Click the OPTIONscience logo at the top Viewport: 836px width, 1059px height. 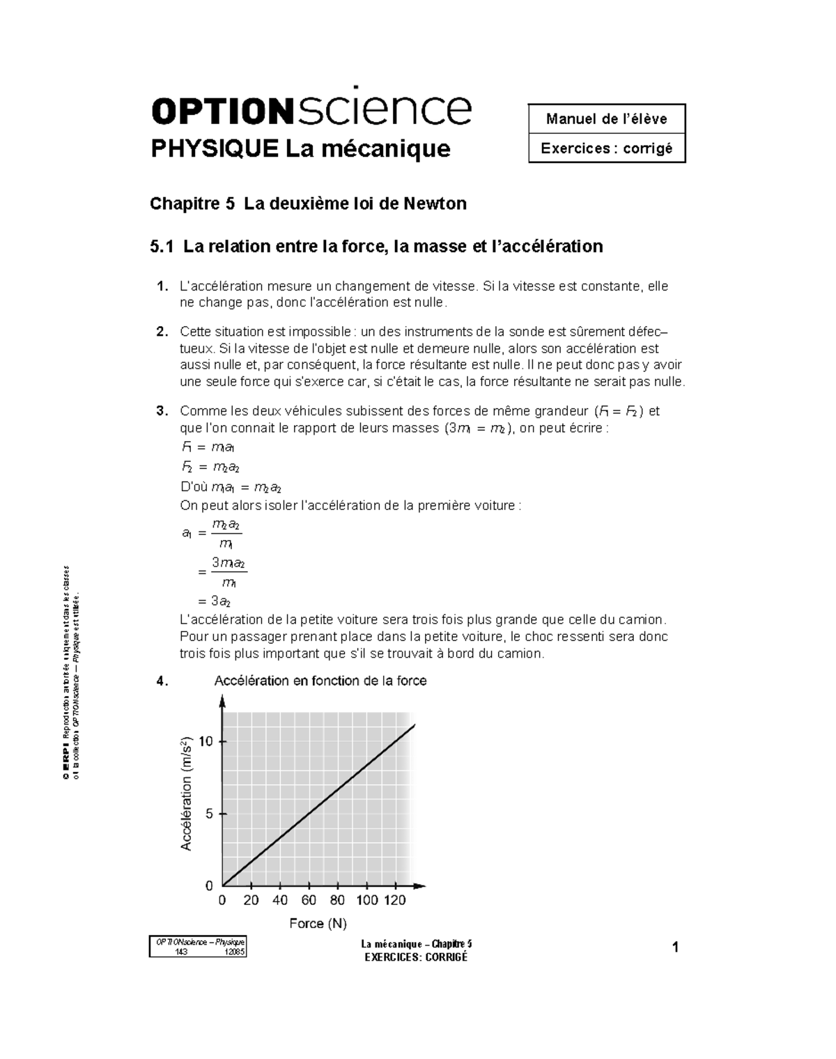[311, 107]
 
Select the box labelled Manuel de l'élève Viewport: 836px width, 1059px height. [607, 119]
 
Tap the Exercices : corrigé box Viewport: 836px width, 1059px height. [607, 148]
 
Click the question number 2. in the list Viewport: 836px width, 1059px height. [162, 332]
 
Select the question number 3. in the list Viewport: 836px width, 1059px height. [162, 411]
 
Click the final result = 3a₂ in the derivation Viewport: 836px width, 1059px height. [215, 601]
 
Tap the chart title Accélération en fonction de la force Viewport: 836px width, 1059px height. [320, 681]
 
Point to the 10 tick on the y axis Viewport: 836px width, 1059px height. [206, 741]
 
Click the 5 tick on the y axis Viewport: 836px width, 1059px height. [210, 814]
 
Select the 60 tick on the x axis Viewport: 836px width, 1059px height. [309, 900]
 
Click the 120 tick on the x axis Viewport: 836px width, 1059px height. [395, 900]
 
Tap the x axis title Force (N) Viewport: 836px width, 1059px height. [318, 924]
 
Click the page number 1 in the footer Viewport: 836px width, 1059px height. [675, 948]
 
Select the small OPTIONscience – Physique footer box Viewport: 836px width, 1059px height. [198, 948]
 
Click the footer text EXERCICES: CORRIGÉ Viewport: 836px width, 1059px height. [417, 957]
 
